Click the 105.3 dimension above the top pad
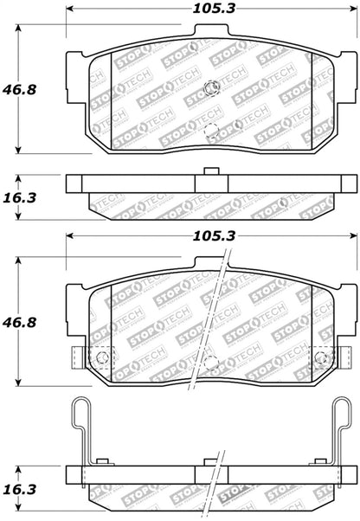pos(200,10)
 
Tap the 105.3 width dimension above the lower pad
pos(200,234)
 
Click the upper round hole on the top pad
pos(210,87)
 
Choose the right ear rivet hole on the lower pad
pos(319,357)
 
